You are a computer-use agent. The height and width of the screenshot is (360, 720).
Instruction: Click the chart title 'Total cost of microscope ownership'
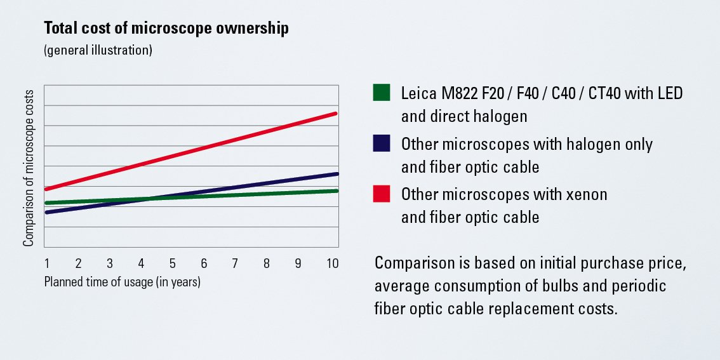click(166, 29)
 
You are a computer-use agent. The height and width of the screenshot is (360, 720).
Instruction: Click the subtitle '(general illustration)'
click(98, 50)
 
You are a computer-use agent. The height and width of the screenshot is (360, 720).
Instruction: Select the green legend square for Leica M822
click(382, 93)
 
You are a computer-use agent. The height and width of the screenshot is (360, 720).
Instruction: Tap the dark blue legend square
click(382, 143)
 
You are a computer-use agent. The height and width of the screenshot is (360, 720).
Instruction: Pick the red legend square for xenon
click(382, 194)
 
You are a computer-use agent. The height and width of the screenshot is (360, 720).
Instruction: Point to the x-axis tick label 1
click(47, 263)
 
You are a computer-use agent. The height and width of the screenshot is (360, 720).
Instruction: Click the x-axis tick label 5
click(172, 263)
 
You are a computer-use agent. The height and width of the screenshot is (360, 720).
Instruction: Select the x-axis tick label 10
click(332, 263)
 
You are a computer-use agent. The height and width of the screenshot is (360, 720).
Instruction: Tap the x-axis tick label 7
click(235, 263)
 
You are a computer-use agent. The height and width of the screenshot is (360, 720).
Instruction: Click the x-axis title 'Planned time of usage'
click(122, 282)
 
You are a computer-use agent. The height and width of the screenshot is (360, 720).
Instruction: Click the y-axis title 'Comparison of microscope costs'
click(29, 167)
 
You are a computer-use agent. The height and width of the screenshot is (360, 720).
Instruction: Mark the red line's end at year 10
click(335, 114)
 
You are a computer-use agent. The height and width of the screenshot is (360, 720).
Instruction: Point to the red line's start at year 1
click(47, 189)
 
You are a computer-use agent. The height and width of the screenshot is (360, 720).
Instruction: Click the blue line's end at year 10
click(335, 173)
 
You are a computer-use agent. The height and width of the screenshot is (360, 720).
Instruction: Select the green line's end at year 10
click(335, 190)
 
